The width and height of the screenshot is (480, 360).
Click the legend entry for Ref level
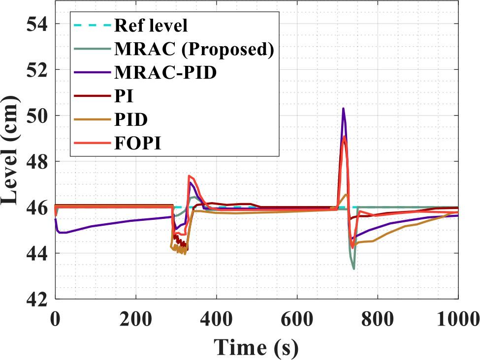pyautogui.click(x=151, y=24)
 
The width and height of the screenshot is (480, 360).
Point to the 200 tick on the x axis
pyautogui.click(x=135, y=320)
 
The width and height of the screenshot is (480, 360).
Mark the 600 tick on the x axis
pyautogui.click(x=297, y=320)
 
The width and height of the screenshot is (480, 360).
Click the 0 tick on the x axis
pyautogui.click(x=55, y=320)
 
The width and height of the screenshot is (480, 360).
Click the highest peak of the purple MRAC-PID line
pyautogui.click(x=343, y=108)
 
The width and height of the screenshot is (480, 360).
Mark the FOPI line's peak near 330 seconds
pyautogui.click(x=189, y=176)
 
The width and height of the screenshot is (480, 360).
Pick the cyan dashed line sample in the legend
pyautogui.click(x=92, y=24)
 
